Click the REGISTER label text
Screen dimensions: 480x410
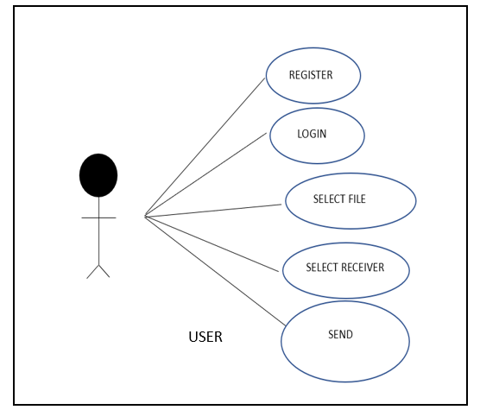[x=311, y=75]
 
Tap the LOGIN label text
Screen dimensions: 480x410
[x=312, y=134]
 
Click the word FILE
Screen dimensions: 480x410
[x=357, y=199]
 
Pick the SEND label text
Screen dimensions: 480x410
[x=340, y=334]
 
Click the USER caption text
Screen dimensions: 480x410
[x=205, y=337]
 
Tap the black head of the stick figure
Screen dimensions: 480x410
[x=98, y=175]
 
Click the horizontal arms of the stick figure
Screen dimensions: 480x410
[x=98, y=218]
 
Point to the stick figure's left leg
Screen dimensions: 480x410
[x=92, y=272]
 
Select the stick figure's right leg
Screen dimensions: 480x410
[x=104, y=271]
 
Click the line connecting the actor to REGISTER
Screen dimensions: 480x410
[x=205, y=148]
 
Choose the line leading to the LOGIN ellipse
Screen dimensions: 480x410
[x=205, y=174]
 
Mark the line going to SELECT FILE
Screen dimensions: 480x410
[x=212, y=211]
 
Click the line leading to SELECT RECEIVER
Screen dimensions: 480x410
[x=212, y=244]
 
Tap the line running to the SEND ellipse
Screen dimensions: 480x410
[x=215, y=271]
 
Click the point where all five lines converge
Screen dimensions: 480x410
[x=145, y=217]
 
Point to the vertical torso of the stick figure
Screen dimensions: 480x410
[x=99, y=230]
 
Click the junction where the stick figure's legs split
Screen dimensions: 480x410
[x=99, y=265]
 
